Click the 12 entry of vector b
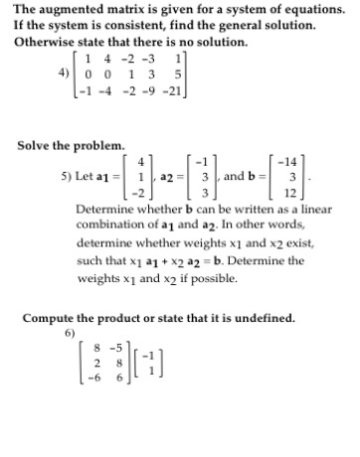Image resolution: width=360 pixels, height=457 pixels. click(x=291, y=192)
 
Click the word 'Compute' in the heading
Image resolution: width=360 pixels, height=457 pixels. click(x=51, y=318)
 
